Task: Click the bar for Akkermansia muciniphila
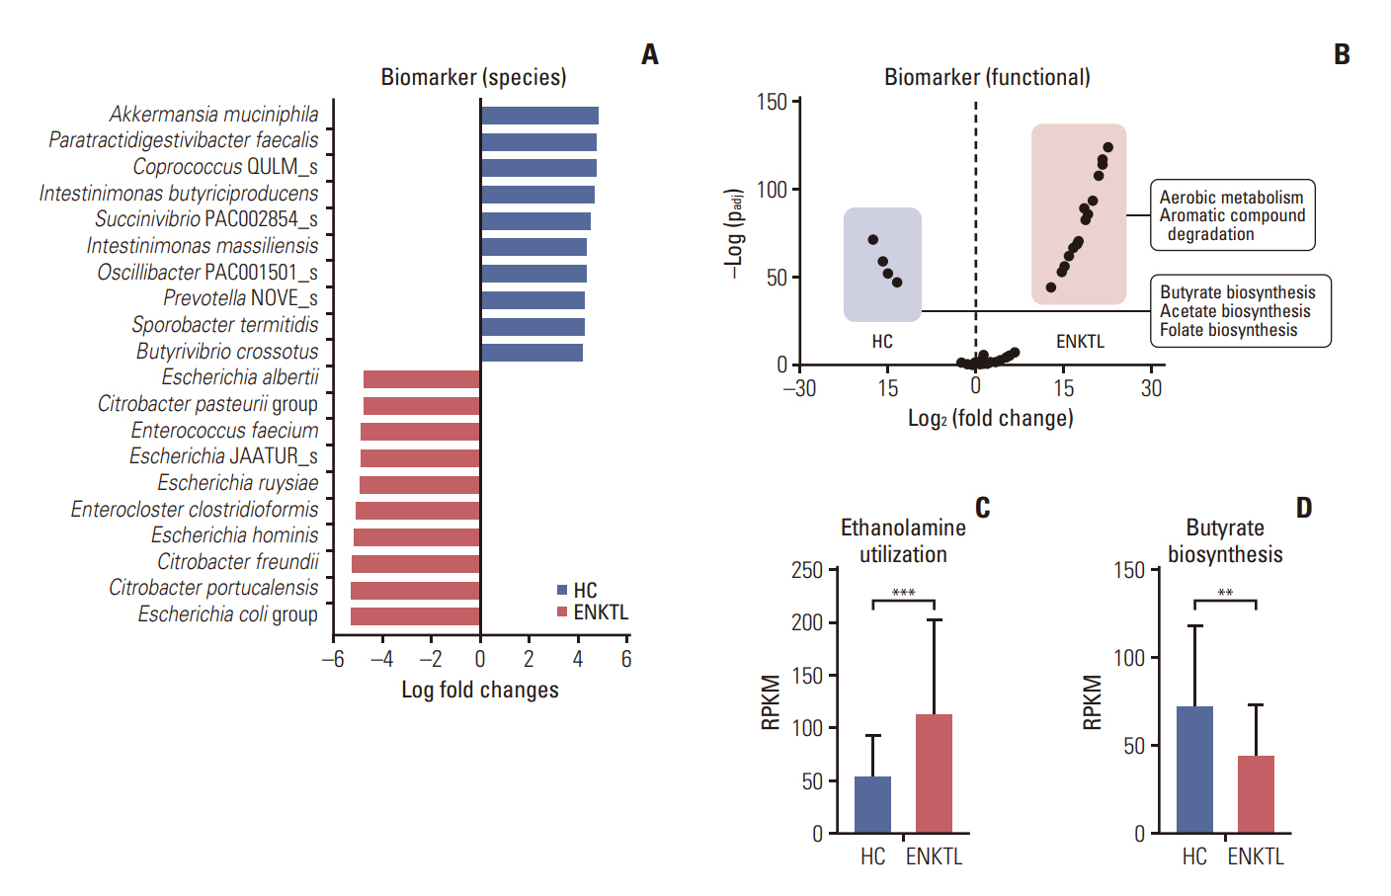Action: click(539, 116)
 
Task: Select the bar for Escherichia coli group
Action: click(416, 616)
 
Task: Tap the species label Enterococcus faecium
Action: click(225, 431)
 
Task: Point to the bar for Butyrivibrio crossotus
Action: click(532, 353)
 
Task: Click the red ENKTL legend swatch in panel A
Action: click(562, 612)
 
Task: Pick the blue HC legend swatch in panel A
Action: click(562, 590)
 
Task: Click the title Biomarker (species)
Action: click(474, 77)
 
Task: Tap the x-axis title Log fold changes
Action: click(480, 690)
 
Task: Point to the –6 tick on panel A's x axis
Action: click(333, 659)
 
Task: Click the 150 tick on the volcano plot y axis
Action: click(772, 102)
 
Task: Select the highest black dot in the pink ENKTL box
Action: click(1108, 147)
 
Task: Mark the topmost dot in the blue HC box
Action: click(873, 240)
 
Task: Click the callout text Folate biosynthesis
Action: click(1229, 330)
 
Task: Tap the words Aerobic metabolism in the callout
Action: click(1231, 198)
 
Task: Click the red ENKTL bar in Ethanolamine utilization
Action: click(934, 774)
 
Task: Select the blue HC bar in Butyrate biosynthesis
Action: click(1194, 770)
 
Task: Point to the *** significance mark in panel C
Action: click(903, 593)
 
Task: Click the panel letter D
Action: click(1304, 508)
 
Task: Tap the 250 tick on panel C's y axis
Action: click(807, 570)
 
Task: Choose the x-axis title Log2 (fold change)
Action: click(990, 418)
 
